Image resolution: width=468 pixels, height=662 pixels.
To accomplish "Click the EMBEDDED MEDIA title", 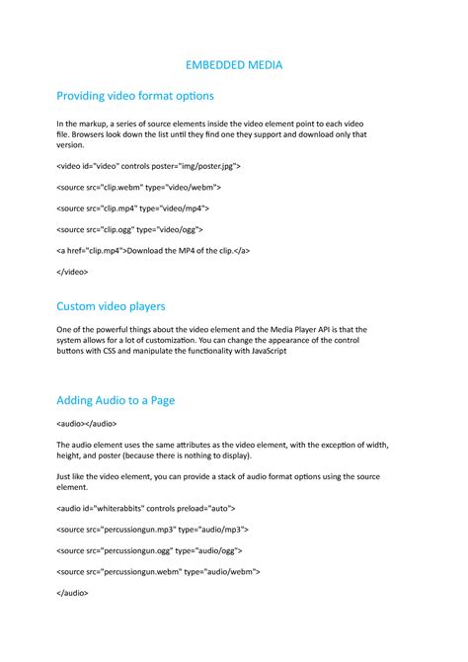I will [234, 65].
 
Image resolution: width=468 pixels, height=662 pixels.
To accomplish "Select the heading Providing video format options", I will [135, 96].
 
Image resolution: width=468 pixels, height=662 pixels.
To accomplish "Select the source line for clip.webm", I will [139, 188].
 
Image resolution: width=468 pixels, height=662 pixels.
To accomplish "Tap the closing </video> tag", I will [73, 271].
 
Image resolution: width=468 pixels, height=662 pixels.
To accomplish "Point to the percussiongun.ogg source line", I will [150, 550].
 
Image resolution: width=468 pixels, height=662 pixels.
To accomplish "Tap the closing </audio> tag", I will [73, 593].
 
